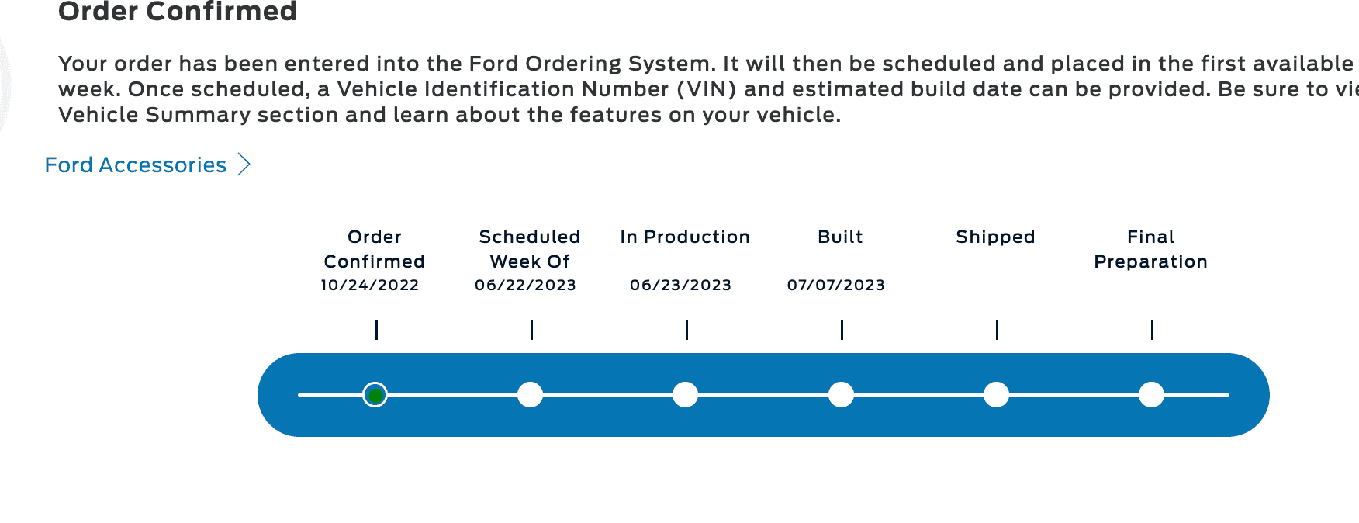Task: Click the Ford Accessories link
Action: point(136,165)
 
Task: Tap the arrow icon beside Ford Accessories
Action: point(244,165)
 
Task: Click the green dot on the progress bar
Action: point(375,395)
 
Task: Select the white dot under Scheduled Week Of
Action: point(531,395)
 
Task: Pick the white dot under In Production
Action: point(686,395)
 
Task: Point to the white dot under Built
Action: point(841,395)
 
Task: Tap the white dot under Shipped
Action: point(996,395)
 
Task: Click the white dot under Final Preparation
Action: point(1151,395)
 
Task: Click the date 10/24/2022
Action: point(370,285)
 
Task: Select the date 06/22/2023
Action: point(526,285)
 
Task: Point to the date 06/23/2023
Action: point(681,285)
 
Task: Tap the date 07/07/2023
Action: point(836,285)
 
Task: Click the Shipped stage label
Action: point(996,237)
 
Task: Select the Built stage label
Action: point(841,237)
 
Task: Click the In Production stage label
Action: point(686,237)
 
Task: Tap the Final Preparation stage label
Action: point(1151,249)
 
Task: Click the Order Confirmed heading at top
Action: point(178,12)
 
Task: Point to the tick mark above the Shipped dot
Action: point(997,330)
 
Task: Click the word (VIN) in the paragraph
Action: point(707,89)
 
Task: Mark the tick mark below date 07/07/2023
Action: point(842,330)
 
